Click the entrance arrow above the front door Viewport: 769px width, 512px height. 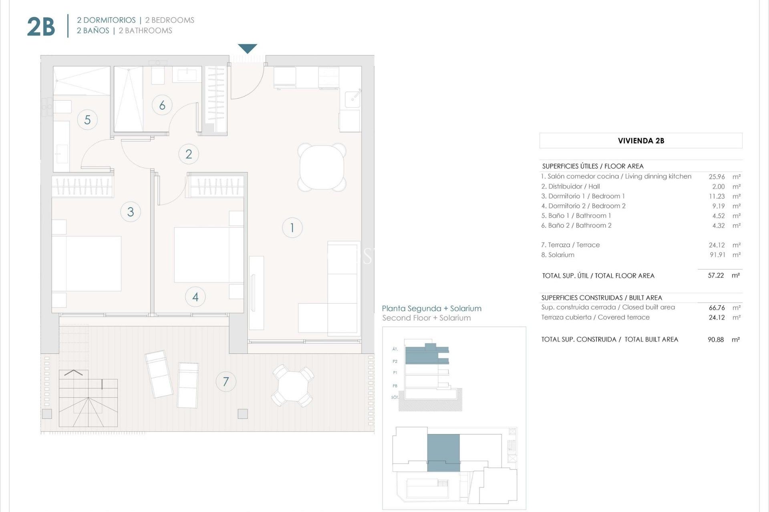tap(248, 48)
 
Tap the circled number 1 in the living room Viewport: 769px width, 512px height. tap(292, 228)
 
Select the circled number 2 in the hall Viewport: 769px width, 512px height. tap(189, 154)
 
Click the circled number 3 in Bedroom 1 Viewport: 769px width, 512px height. tap(131, 212)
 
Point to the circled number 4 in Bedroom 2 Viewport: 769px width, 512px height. tap(195, 297)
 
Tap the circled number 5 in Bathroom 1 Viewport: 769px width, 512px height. tap(87, 120)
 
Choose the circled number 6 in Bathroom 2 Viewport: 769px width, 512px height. tap(162, 105)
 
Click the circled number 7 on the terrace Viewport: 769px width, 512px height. tap(226, 382)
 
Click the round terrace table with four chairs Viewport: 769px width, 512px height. tap(293, 386)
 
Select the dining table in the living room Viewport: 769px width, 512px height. tap(322, 167)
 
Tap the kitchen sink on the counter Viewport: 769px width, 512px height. tap(352, 98)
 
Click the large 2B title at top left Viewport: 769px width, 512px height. tap(41, 27)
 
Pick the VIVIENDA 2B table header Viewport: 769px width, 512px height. tap(641, 141)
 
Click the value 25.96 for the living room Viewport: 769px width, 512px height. tap(717, 176)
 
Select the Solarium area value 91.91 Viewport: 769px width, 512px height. tap(717, 255)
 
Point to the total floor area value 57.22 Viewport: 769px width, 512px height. tap(716, 276)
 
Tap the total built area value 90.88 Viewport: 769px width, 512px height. tap(716, 340)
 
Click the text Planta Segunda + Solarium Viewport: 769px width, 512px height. tap(431, 308)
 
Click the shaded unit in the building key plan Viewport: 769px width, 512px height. tap(443, 452)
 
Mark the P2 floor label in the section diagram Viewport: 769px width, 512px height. tap(395, 361)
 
